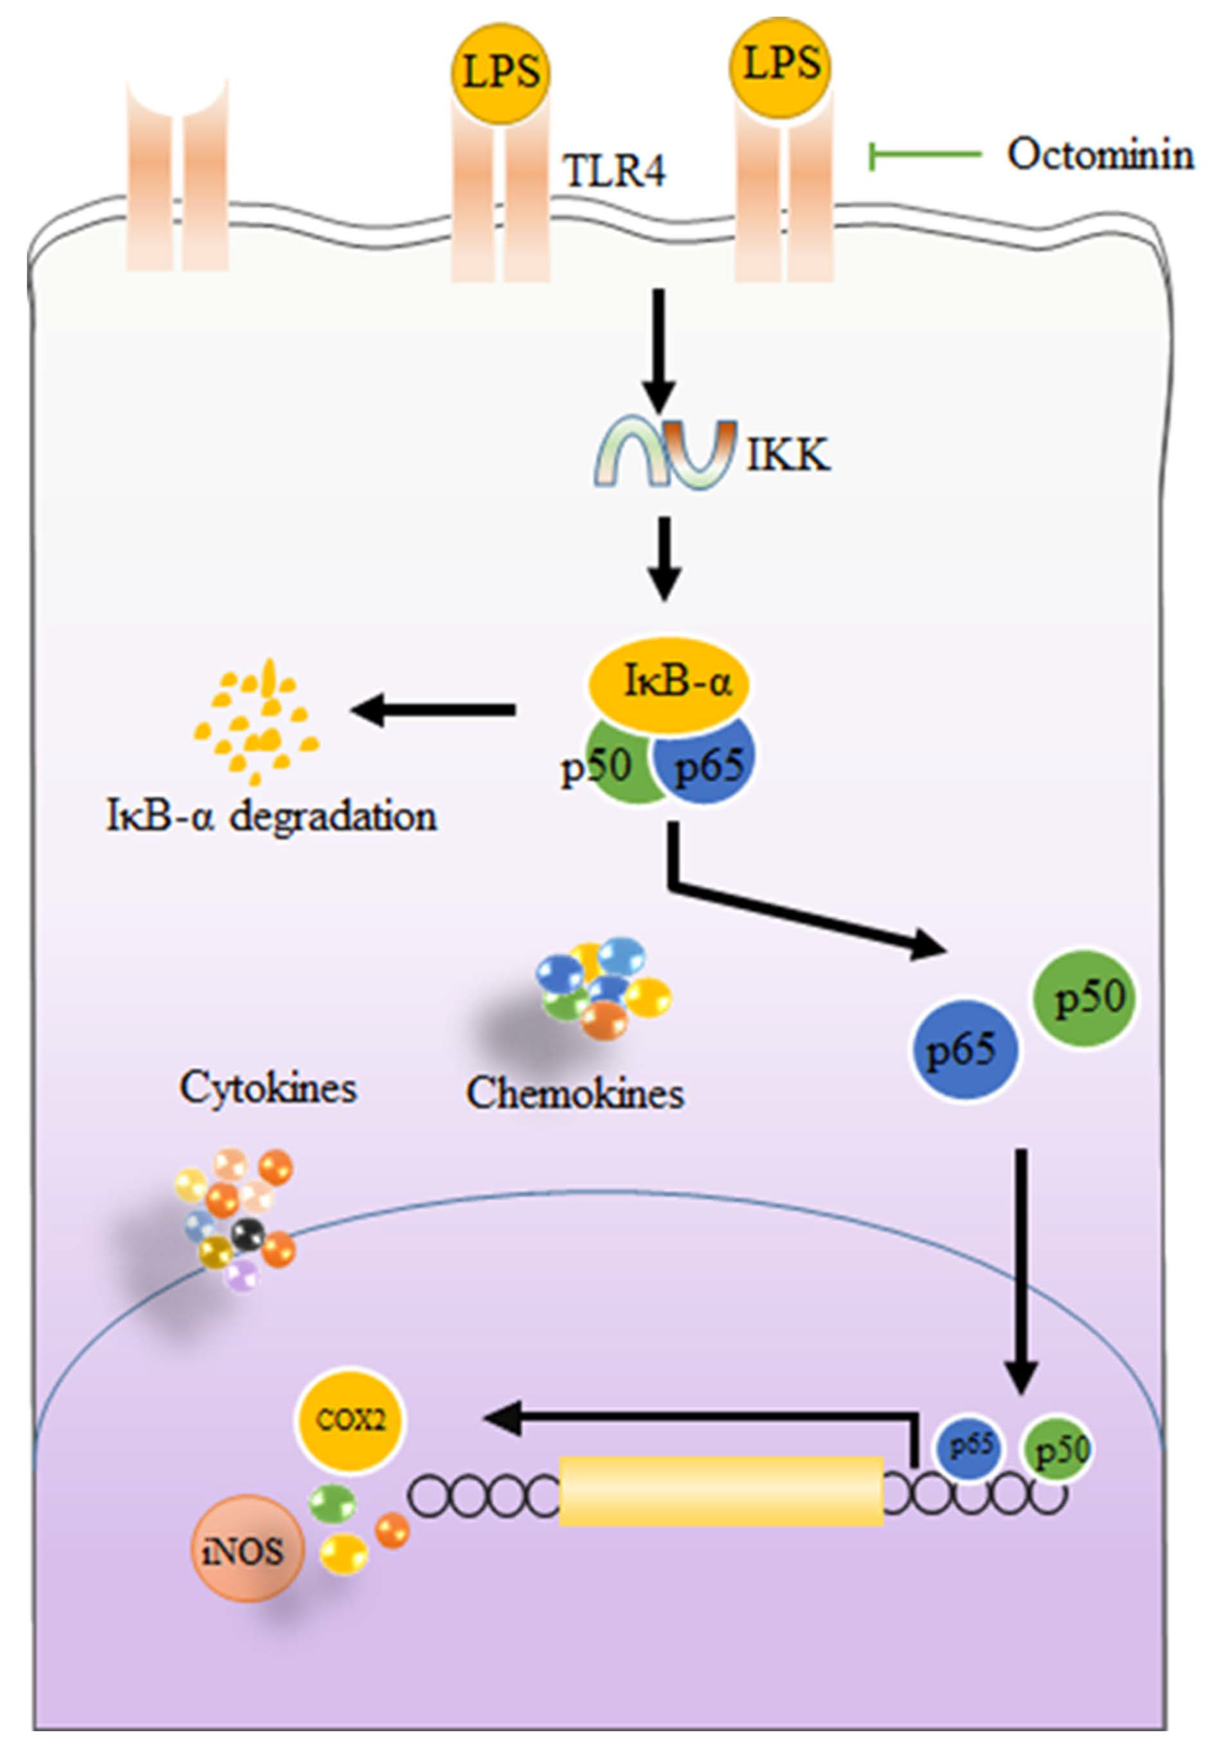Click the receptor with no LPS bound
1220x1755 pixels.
(177, 180)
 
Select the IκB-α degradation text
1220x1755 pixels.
(271, 816)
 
